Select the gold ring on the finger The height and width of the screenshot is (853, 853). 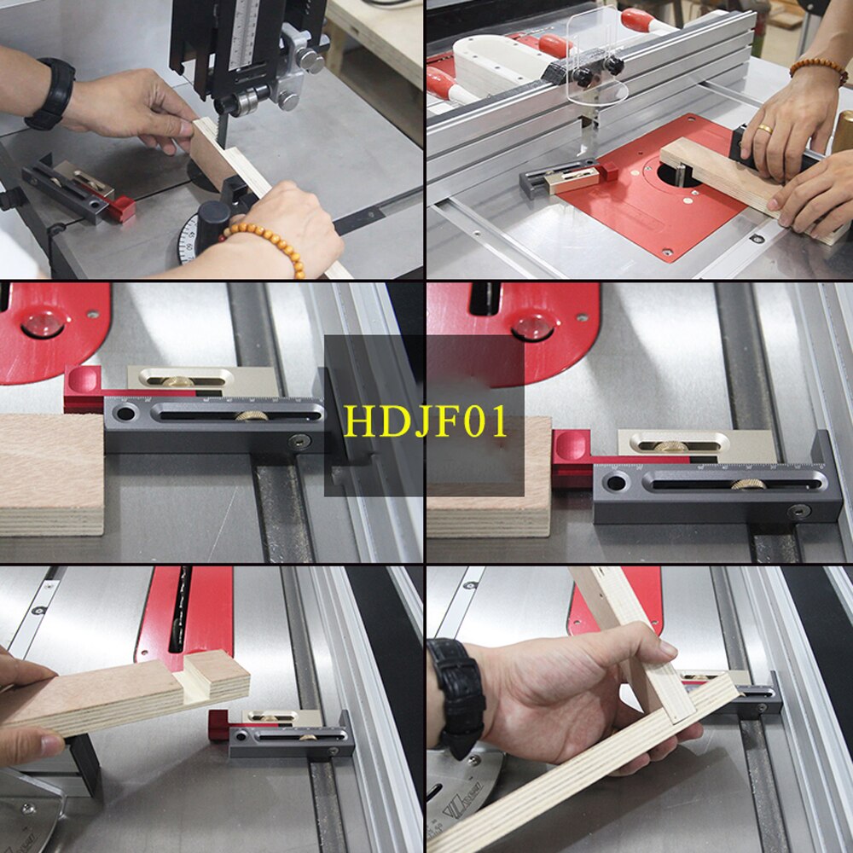[x=765, y=130]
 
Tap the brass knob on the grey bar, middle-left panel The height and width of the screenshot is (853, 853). [x=250, y=415]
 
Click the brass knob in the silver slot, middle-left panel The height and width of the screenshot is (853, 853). [x=178, y=380]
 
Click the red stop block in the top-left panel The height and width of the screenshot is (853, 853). [x=121, y=208]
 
